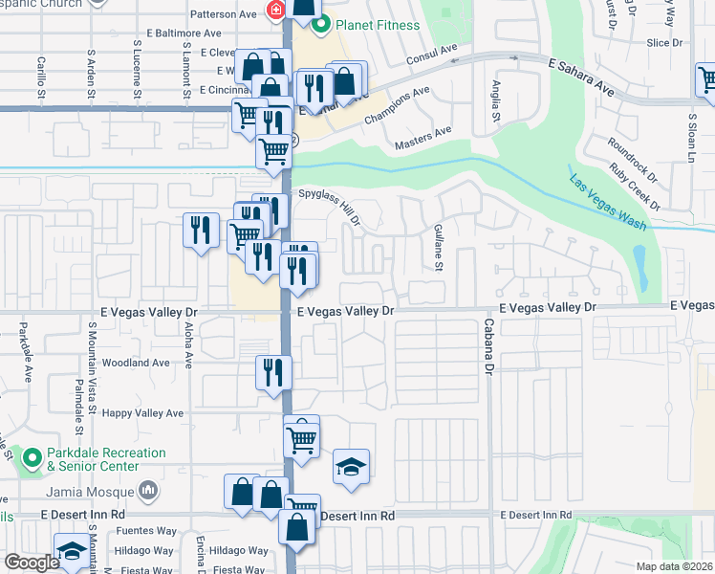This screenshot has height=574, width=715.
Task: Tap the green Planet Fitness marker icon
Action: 322,24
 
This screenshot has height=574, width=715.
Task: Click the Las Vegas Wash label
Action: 608,203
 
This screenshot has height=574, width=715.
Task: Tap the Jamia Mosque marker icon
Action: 148,492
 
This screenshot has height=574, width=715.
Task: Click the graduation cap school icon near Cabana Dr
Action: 351,467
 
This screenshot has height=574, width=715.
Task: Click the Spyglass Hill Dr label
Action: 330,206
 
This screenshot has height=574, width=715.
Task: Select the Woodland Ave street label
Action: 136,364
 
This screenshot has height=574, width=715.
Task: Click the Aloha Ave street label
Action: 188,345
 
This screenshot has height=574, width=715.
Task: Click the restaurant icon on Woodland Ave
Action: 273,371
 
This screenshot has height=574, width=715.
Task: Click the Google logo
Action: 32,563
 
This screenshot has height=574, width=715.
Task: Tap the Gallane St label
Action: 437,248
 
